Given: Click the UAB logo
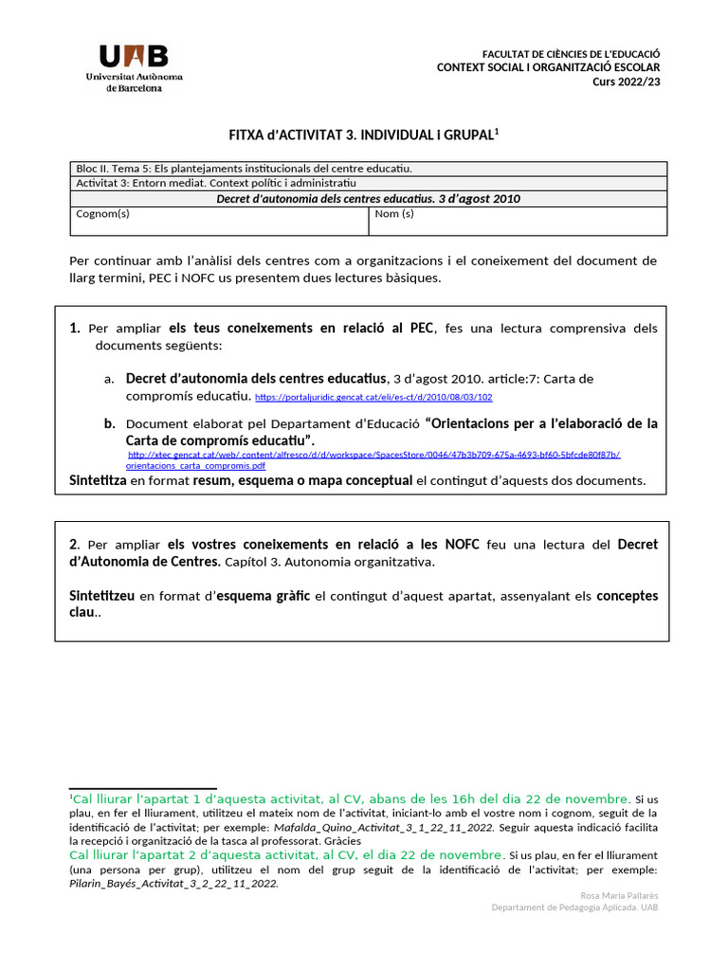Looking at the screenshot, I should pos(134,66).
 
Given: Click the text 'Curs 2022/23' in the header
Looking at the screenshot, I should pos(626,81).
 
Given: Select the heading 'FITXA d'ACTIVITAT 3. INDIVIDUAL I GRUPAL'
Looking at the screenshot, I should pos(364,136).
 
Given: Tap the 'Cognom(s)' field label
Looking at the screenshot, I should pos(102,214).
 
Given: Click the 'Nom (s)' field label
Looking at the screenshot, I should pos(394,214).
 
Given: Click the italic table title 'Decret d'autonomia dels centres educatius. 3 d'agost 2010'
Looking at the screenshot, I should pos(368,199).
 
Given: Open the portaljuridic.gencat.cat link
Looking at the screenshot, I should pos(373,397).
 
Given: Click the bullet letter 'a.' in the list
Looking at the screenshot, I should pos(109,379).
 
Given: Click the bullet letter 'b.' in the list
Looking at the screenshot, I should pos(110,423).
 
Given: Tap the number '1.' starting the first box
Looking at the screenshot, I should pos(75,329).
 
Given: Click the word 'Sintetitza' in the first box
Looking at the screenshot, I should pos(98,480).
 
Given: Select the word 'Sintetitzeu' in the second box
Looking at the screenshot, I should pos(102,596).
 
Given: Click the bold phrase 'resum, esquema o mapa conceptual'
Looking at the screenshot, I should pos(302,480).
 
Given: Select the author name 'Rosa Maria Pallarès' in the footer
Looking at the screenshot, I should pos(617,895).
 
